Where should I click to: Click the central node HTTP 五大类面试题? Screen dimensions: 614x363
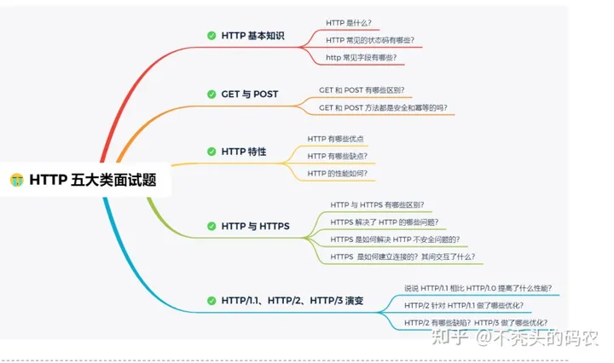coord(92,180)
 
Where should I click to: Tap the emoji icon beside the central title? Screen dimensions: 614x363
coord(16,180)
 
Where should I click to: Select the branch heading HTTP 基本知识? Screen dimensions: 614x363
coord(252,36)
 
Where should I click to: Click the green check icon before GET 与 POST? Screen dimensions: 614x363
coord(211,94)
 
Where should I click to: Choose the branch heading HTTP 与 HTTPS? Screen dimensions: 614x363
coord(255,226)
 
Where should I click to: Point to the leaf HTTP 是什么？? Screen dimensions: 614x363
coord(348,23)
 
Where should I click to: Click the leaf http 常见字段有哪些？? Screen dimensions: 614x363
coord(362,57)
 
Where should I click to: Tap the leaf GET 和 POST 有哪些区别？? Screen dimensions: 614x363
coord(362,89)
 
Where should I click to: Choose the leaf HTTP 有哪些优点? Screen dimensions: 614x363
coord(336,138)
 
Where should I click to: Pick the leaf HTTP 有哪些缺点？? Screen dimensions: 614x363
coord(338,156)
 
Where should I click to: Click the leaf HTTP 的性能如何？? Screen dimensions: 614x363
coord(338,173)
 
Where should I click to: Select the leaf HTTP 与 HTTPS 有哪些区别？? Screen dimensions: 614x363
coord(378,205)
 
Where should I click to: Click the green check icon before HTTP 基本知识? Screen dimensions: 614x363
coord(211,36)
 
